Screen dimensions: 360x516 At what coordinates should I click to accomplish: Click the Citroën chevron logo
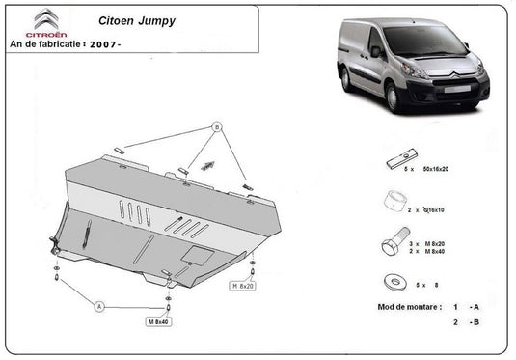pyautogui.click(x=44, y=19)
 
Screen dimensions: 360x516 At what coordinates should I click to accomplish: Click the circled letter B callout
pyautogui.click(x=216, y=127)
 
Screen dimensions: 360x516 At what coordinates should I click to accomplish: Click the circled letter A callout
pyautogui.click(x=98, y=306)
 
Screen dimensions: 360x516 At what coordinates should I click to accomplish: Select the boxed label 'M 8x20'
pyautogui.click(x=242, y=287)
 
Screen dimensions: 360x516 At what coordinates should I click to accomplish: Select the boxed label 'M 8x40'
pyautogui.click(x=158, y=320)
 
